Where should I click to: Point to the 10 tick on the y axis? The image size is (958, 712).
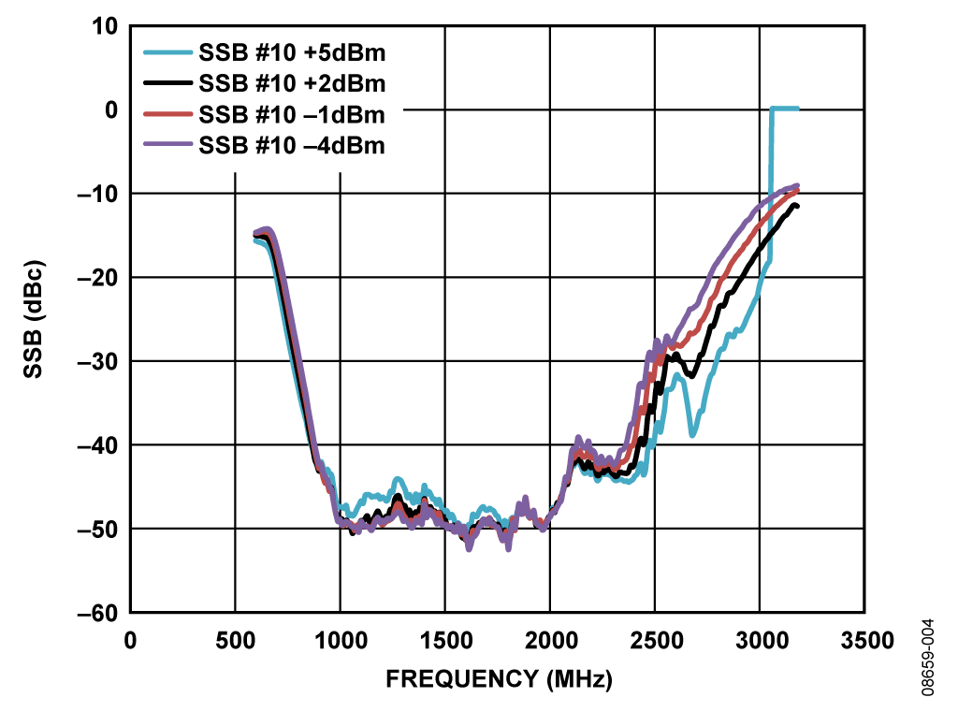[105, 27]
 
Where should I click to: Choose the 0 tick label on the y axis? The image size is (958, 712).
[110, 110]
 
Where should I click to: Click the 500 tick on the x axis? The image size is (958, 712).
[235, 640]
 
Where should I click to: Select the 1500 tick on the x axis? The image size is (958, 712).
[444, 640]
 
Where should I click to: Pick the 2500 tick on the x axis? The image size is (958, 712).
[654, 640]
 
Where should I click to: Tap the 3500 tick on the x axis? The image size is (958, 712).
[864, 640]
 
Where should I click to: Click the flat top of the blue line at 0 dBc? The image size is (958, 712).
[784, 109]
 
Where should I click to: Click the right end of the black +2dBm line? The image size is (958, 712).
[796, 205]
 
